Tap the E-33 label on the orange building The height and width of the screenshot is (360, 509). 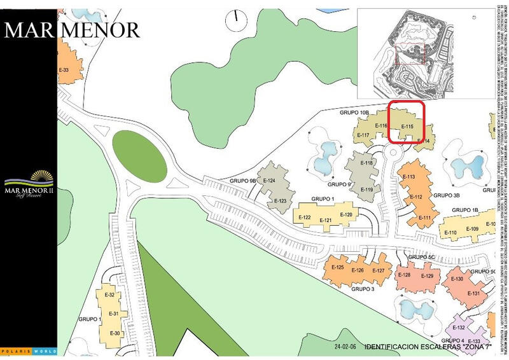tap(63, 70)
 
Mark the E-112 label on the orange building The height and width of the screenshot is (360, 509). tap(415, 197)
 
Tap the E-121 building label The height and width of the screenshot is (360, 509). tap(326, 220)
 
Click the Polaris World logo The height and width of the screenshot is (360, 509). tap(28, 350)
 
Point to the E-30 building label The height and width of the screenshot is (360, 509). tap(115, 333)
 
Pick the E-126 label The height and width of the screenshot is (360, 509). tap(358, 270)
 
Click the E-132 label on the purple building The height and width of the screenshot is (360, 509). tap(457, 328)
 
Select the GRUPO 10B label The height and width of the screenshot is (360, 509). tap(353, 112)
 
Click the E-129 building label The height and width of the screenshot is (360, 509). tap(427, 276)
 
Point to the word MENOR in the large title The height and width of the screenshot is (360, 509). tap(102, 29)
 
